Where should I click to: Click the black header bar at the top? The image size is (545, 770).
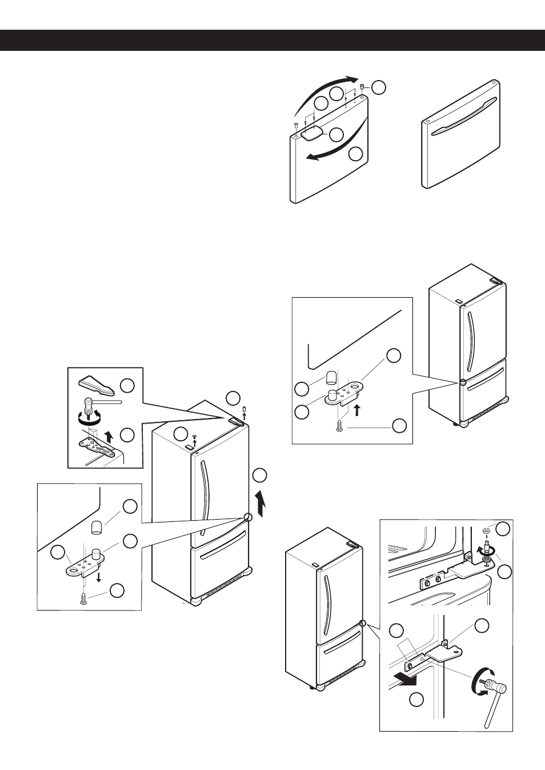(x=272, y=41)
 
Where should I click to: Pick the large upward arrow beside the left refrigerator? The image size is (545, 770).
(x=261, y=502)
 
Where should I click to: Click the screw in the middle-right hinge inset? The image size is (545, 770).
(x=341, y=426)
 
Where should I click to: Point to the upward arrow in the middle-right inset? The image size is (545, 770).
(x=357, y=409)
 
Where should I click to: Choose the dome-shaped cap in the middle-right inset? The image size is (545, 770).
(x=330, y=378)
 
